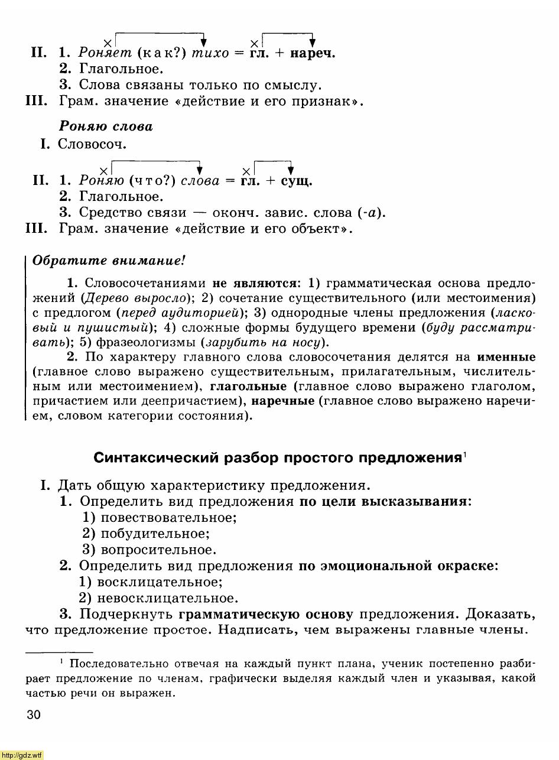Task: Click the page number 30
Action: click(x=34, y=716)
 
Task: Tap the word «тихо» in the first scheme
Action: click(x=209, y=53)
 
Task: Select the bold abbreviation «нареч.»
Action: click(x=313, y=53)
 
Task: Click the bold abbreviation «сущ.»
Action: click(x=297, y=181)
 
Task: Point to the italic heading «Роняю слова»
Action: click(x=106, y=126)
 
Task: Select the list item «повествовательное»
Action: click(x=168, y=518)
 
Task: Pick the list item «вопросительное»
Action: click(x=158, y=550)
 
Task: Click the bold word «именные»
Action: click(x=506, y=357)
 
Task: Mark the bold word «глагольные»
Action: click(x=248, y=387)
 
